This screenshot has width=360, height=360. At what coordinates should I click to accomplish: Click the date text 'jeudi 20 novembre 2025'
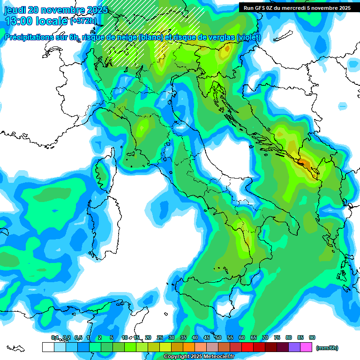[55, 10]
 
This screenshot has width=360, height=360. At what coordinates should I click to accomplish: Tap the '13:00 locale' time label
[35, 21]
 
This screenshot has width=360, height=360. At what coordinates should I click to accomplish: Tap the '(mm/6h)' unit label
[327, 348]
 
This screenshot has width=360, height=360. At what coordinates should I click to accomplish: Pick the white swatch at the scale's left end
[48, 347]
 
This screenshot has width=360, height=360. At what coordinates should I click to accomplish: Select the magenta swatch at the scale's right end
[307, 347]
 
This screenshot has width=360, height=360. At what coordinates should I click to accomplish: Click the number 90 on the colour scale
[312, 337]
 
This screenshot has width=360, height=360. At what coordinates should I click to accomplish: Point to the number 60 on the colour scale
[242, 337]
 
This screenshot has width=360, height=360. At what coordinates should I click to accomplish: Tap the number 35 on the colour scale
[183, 337]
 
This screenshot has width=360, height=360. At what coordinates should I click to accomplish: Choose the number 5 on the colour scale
[112, 337]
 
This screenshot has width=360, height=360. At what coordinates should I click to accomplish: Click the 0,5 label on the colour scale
[78, 337]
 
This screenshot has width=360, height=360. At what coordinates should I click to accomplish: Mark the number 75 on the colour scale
[277, 337]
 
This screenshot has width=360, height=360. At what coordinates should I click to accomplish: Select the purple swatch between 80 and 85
[294, 347]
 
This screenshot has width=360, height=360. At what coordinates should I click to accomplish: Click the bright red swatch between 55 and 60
[247, 347]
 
